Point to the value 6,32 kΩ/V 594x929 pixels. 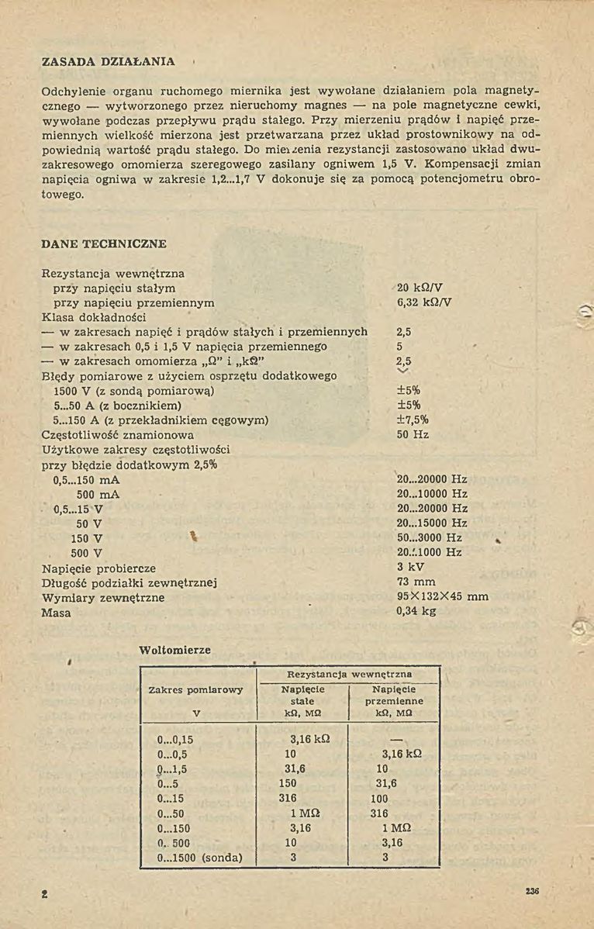[424, 302]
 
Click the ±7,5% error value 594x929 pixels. [413, 420]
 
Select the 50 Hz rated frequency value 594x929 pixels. [413, 435]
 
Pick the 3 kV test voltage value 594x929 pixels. [411, 567]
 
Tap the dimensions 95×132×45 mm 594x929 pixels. [442, 596]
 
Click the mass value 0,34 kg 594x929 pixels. [416, 611]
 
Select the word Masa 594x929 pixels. [56, 613]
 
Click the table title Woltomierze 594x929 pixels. [174, 650]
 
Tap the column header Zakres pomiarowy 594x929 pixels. [195, 689]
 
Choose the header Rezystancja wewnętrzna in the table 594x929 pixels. [349, 675]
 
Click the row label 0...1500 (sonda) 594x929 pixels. [199, 858]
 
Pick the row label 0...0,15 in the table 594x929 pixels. [174, 740]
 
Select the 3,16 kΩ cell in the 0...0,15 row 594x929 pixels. [310, 740]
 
